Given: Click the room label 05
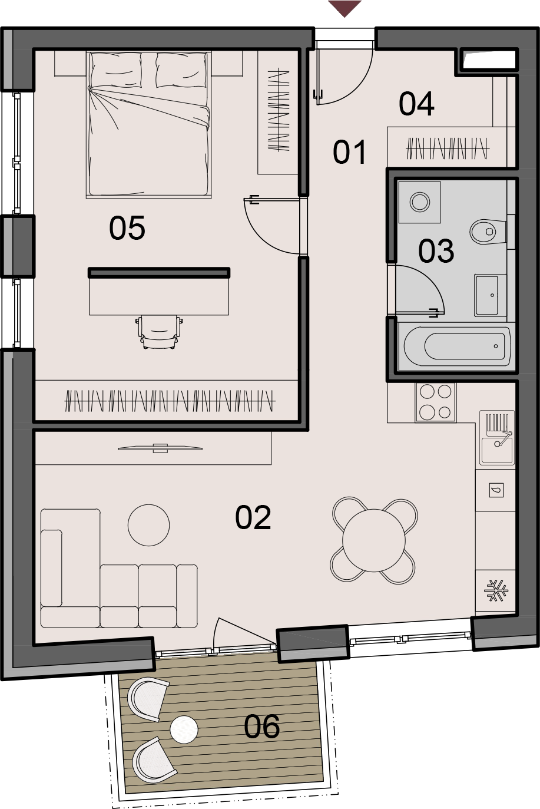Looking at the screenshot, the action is click(127, 227).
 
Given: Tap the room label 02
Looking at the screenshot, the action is click(253, 517).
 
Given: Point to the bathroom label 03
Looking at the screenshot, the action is click(436, 250).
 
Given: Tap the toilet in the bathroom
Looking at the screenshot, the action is click(488, 232).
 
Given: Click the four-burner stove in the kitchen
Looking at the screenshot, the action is click(436, 402).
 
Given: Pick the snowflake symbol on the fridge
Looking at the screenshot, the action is click(496, 590).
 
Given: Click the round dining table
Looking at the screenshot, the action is click(373, 540).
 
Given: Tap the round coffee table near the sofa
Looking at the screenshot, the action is click(149, 525).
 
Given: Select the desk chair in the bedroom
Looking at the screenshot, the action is click(159, 332).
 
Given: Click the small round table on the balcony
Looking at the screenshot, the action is click(184, 729).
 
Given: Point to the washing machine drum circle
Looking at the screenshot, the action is click(420, 202).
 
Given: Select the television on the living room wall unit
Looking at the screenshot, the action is click(160, 448).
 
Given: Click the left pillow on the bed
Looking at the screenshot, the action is click(116, 71).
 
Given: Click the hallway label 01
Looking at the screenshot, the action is click(349, 153).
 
